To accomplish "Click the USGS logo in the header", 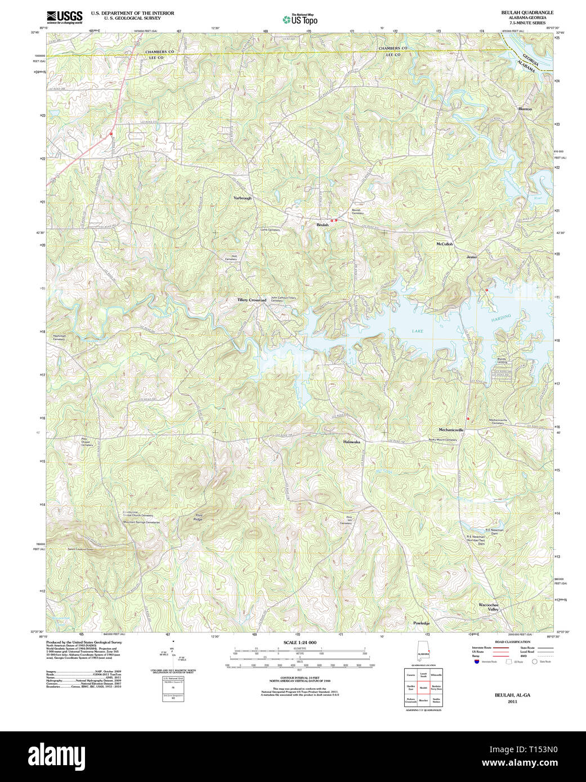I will pyautogui.click(x=64, y=16).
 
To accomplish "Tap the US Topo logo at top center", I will pyautogui.click(x=300, y=19).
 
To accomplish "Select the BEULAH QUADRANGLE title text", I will pyautogui.click(x=527, y=12).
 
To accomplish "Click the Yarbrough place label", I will pyautogui.click(x=243, y=198).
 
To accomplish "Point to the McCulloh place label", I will pyautogui.click(x=444, y=244).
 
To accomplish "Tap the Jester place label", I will pyautogui.click(x=471, y=257).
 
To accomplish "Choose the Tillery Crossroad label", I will pyautogui.click(x=252, y=300).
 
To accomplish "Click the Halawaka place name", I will pyautogui.click(x=351, y=442).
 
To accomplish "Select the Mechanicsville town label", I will pyautogui.click(x=451, y=430).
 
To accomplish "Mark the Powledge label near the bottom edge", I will pyautogui.click(x=421, y=623).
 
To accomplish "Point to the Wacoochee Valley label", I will pyautogui.click(x=489, y=607).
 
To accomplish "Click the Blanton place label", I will pyautogui.click(x=525, y=109).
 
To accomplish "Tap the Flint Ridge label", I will pyautogui.click(x=198, y=517).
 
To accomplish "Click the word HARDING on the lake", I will pyautogui.click(x=500, y=318).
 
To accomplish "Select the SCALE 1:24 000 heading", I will pyautogui.click(x=299, y=642).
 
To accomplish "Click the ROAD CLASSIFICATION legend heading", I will pyautogui.click(x=512, y=642).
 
